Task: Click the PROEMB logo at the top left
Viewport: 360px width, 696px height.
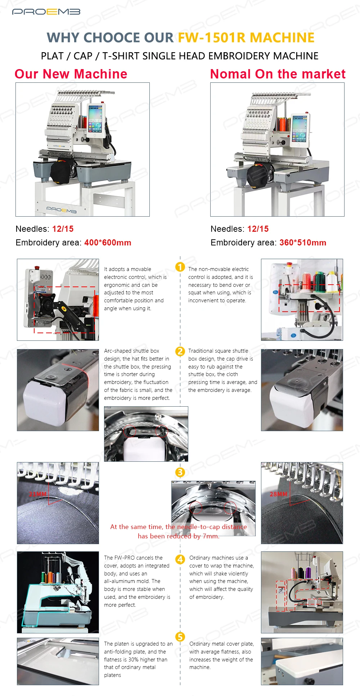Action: [46, 12]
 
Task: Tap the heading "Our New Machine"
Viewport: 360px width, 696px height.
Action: [71, 74]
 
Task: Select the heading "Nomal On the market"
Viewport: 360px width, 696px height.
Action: [278, 74]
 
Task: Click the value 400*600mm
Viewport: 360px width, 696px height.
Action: [108, 243]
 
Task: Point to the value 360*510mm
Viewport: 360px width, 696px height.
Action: [303, 243]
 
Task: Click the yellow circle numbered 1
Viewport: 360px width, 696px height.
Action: [180, 267]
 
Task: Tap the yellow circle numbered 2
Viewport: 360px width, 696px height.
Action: [180, 351]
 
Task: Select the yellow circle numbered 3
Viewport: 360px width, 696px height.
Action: [180, 472]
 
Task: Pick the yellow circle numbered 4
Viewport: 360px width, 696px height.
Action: [180, 559]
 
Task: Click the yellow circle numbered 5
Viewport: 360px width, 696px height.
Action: [180, 637]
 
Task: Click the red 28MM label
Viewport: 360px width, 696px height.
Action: [279, 494]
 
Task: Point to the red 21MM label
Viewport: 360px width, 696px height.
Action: [38, 494]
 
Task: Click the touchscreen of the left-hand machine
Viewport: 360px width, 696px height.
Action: [95, 118]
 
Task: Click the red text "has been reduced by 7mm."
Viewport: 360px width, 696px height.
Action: [179, 536]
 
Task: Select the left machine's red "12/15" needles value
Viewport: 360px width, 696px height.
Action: [63, 229]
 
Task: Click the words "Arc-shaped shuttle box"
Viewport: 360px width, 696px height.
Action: [131, 351]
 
